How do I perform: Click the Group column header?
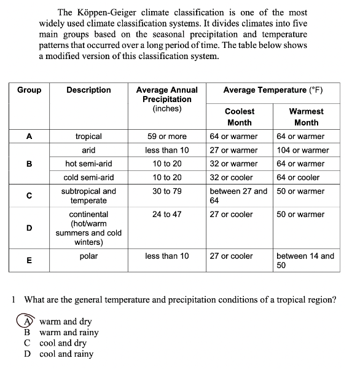[x=29, y=90]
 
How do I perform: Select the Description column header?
[x=88, y=90]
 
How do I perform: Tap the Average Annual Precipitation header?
[x=166, y=99]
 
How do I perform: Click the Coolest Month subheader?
[x=239, y=117]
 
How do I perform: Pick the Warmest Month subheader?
[x=306, y=117]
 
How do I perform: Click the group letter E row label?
[x=29, y=260]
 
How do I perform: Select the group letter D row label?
[x=29, y=228]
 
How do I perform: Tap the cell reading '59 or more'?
[x=166, y=137]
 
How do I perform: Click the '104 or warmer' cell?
[x=303, y=150]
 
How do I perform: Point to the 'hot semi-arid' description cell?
[x=88, y=164]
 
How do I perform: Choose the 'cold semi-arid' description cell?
[x=88, y=177]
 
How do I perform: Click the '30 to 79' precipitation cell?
[x=166, y=191]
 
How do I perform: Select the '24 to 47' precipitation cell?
[x=166, y=215]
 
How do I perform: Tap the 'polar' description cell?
[x=88, y=256]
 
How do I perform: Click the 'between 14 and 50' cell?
[x=305, y=261]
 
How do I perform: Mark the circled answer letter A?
[x=26, y=321]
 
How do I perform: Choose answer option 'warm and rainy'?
[x=69, y=332]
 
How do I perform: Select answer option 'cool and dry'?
[x=63, y=343]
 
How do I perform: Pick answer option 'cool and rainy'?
[x=66, y=354]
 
